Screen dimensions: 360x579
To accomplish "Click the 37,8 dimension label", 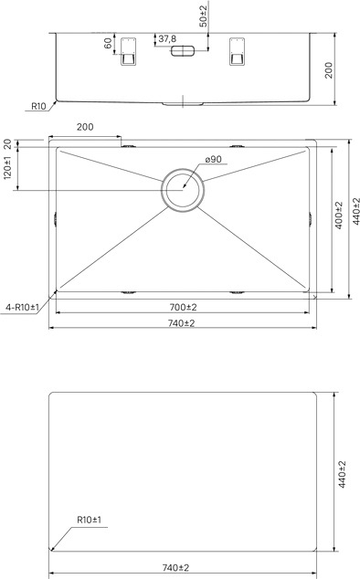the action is click(167, 38).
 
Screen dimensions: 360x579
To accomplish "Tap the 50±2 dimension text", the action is click(204, 16).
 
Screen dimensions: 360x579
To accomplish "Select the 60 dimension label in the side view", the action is click(108, 44).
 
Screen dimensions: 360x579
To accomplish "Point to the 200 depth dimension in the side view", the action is click(328, 70).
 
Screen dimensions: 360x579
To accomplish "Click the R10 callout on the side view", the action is click(38, 106).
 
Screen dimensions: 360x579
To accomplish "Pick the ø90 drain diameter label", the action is click(213, 159).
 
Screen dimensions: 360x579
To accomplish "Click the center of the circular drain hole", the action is click(183, 190).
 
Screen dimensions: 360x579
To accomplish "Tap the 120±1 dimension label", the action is click(7, 168).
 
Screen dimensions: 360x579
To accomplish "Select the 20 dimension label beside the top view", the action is click(7, 143).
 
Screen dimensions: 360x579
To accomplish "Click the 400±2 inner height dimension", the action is click(339, 215).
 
